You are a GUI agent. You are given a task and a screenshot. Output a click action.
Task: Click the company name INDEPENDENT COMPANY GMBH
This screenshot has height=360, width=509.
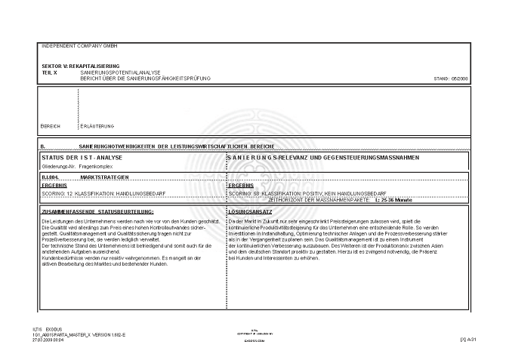tap(75, 46)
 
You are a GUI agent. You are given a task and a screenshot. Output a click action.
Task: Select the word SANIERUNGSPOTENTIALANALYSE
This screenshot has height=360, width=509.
tap(110, 72)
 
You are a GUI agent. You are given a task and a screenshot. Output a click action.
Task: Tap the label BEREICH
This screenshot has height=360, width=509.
tap(51, 125)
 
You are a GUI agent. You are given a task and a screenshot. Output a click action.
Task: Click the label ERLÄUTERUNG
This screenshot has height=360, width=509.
tap(97, 125)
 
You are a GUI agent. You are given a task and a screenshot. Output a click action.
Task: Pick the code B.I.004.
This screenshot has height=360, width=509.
tap(50, 176)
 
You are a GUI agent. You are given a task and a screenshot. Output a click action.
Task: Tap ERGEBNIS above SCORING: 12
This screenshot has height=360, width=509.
tap(54, 185)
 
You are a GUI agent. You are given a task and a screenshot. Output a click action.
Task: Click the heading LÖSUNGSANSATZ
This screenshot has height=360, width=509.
tap(249, 211)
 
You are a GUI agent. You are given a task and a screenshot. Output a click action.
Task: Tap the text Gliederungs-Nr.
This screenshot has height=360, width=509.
tap(56, 164)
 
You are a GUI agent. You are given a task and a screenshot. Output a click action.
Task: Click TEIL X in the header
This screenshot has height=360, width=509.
tap(51, 72)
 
